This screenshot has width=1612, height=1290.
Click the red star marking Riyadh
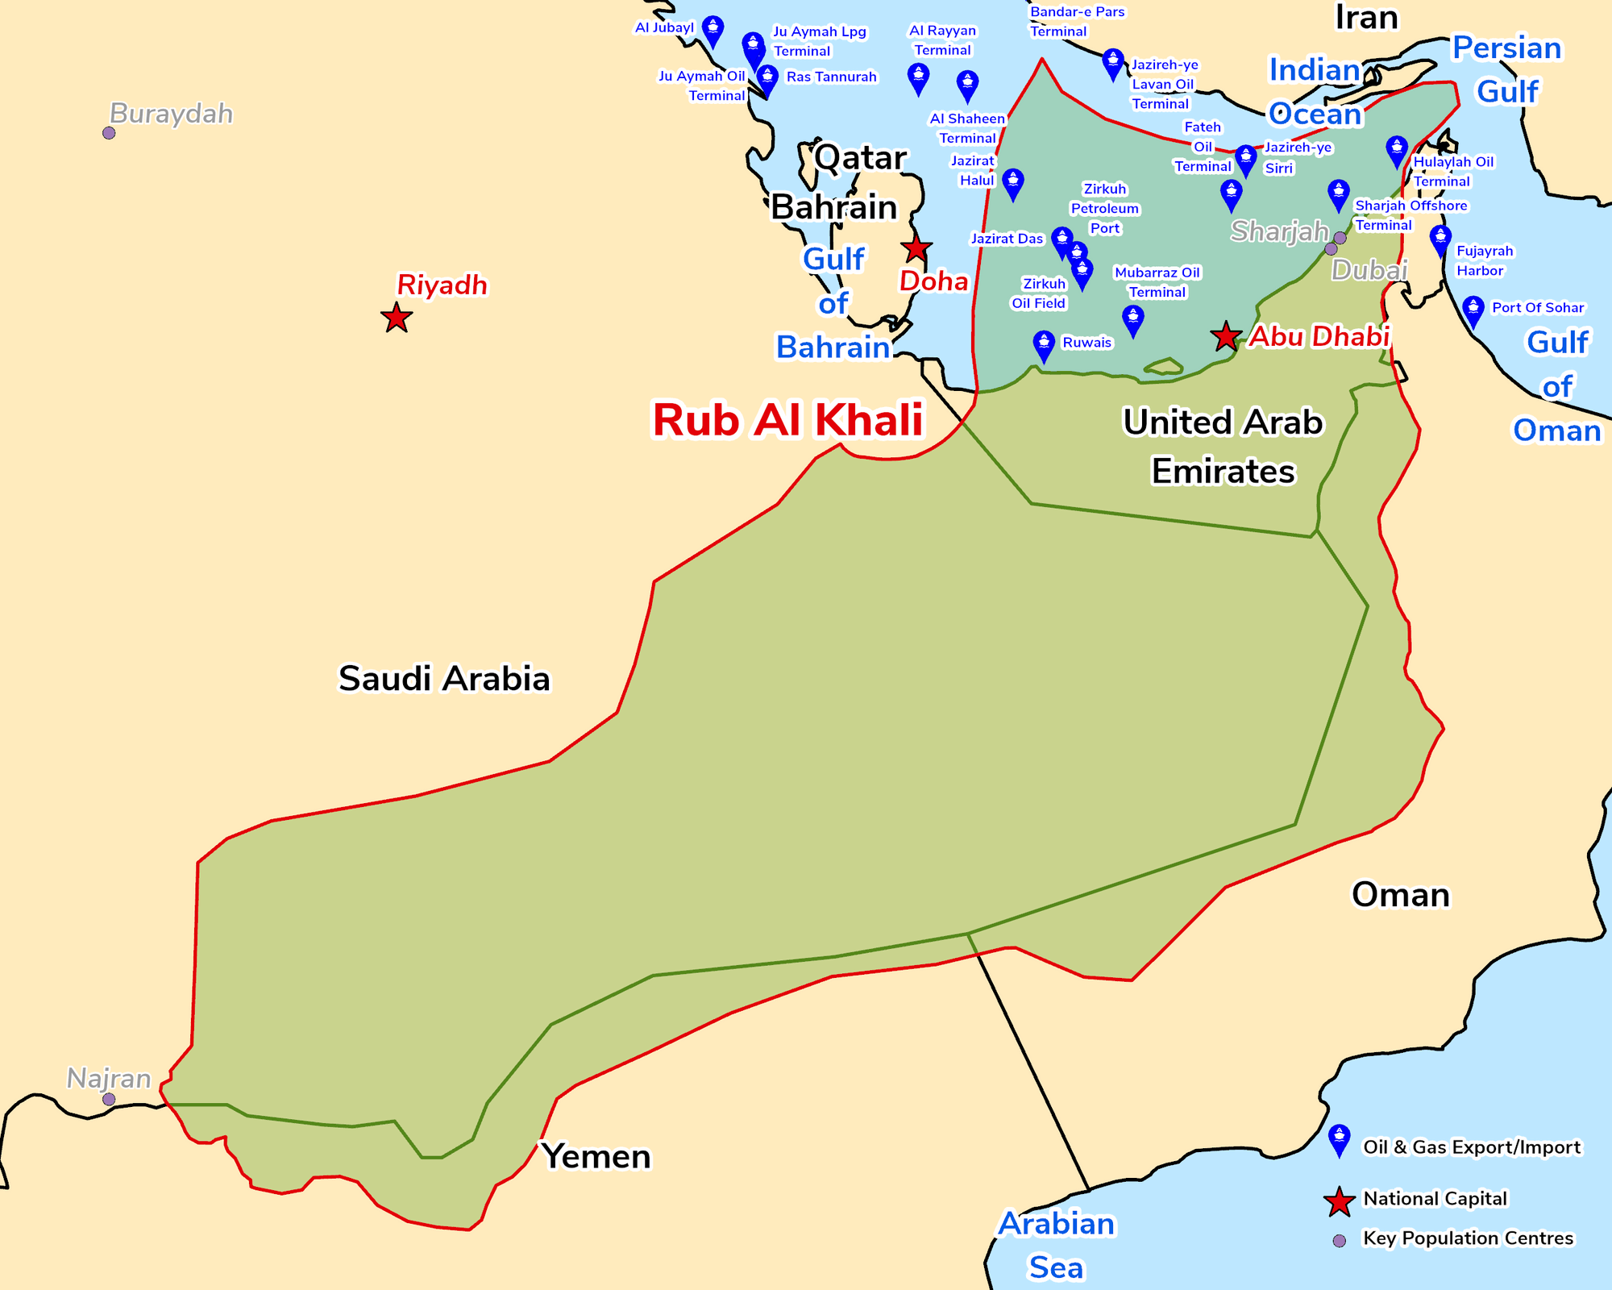click(x=396, y=318)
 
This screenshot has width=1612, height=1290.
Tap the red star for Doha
click(x=916, y=248)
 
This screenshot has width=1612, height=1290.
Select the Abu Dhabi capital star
click(x=1225, y=335)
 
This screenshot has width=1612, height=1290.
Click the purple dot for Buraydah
click(x=109, y=133)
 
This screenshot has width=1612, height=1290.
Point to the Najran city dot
click(x=109, y=1099)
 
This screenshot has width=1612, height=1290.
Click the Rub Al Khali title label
click(x=787, y=420)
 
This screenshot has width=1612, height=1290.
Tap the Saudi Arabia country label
click(x=443, y=678)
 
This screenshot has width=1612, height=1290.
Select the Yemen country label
click(x=596, y=1156)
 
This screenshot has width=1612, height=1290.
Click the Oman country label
click(x=1400, y=894)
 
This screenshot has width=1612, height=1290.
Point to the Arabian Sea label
click(x=1056, y=1245)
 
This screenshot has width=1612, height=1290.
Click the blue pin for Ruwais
click(x=1044, y=345)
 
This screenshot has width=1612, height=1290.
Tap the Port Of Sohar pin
click(x=1473, y=310)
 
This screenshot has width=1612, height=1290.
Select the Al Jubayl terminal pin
click(x=713, y=30)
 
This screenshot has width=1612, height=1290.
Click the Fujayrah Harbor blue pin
click(x=1440, y=239)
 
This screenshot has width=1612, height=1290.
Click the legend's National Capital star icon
click(x=1339, y=1201)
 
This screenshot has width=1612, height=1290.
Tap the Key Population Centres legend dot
click(x=1339, y=1241)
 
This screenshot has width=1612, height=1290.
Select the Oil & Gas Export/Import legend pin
click(x=1339, y=1139)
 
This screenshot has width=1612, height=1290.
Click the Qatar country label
click(x=860, y=157)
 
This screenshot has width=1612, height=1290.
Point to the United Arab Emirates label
click(x=1223, y=447)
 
